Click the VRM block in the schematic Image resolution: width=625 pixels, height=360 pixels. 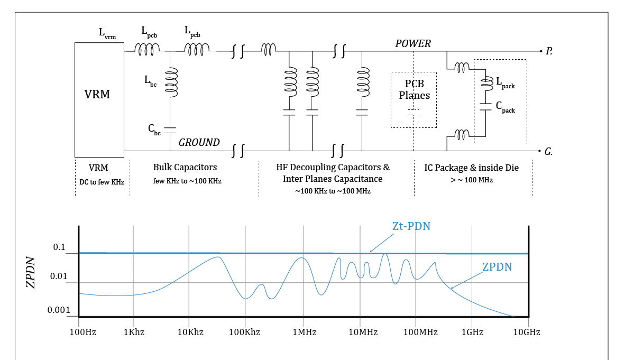[x=99, y=99]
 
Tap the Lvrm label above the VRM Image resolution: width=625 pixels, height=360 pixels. [x=107, y=33]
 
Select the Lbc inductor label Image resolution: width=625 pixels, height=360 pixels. [x=151, y=80]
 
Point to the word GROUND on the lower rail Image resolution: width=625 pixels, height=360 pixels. [x=199, y=142]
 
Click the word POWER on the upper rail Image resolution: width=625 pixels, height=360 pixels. [x=413, y=43]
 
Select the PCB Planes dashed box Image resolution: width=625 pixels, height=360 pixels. [x=413, y=99]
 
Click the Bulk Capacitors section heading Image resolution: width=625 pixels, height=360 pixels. [x=185, y=167]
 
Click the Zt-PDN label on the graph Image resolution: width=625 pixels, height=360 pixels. [x=411, y=226]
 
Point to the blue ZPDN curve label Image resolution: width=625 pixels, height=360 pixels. [x=497, y=267]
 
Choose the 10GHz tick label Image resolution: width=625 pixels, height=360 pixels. [x=526, y=332]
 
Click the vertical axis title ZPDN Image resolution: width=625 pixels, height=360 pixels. [x=31, y=272]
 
